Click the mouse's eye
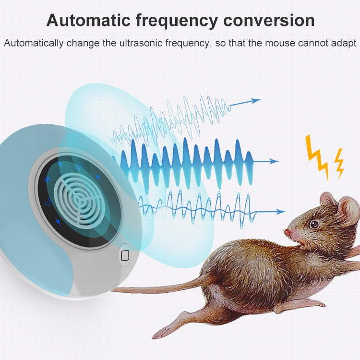[x=314, y=224]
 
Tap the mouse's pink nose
[x=287, y=233]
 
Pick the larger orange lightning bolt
[x=317, y=156]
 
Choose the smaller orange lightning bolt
[x=339, y=163]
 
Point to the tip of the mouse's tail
[x=115, y=290]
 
